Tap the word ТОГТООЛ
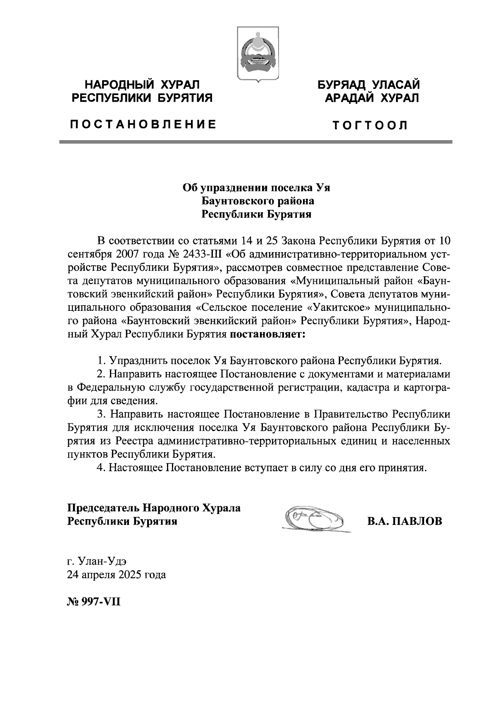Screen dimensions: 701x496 pos(371,125)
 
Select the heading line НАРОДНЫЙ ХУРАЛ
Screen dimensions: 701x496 pos(142,85)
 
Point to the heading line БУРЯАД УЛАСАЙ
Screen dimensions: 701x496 pos(369,85)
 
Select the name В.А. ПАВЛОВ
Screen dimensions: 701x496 pos(405,521)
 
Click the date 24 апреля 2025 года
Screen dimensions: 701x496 pos(117,575)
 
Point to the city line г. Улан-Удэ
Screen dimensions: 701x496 pos(97,561)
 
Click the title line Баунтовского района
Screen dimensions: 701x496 pos(257,201)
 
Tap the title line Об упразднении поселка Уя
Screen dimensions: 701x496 pos(257,188)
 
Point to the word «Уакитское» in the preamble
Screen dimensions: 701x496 pos(338,308)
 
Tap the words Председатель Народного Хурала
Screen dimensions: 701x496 pos(154,508)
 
